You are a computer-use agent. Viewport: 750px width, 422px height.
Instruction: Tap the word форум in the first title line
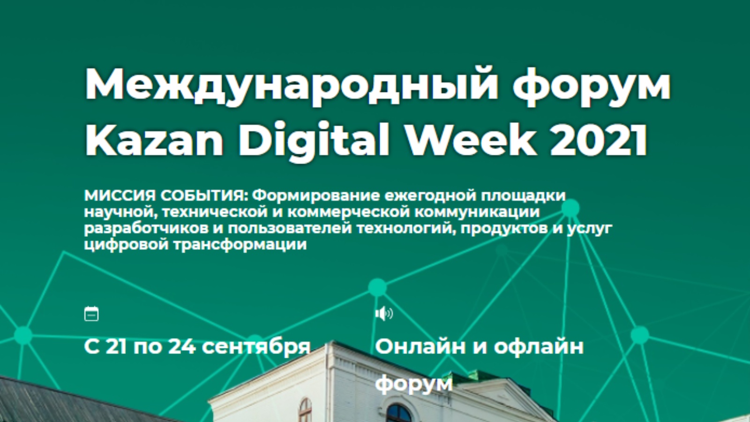point(592,86)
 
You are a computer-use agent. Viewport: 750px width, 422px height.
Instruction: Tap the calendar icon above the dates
point(91,314)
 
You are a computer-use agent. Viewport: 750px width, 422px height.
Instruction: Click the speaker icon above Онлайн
point(384,314)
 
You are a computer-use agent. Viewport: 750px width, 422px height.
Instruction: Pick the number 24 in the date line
point(182,347)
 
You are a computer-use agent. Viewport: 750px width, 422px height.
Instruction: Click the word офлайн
point(539,346)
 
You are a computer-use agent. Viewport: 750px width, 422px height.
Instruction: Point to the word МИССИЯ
point(120,196)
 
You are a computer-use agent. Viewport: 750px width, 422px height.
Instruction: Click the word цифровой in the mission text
point(126,245)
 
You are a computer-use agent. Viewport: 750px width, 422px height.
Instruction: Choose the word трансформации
point(240,245)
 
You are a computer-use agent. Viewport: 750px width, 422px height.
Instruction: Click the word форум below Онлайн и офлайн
point(414,384)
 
